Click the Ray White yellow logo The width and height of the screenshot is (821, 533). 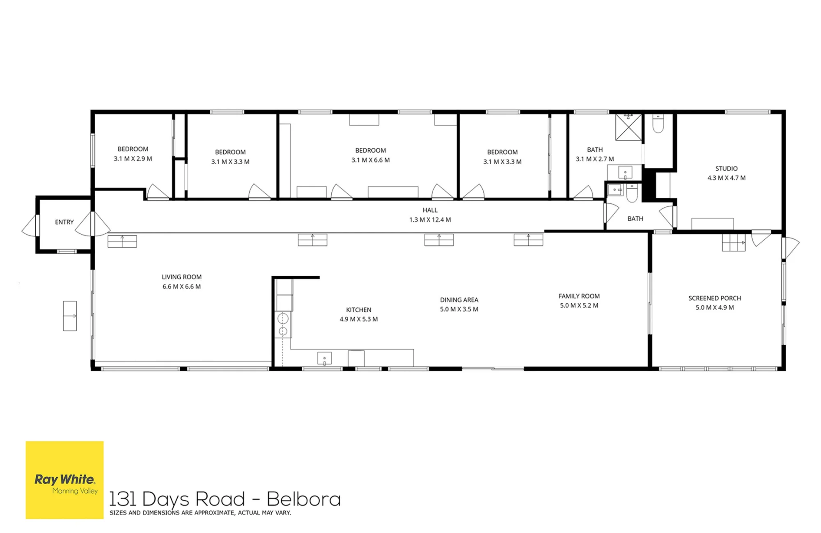tap(64, 480)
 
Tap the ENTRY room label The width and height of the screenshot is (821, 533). tap(64, 222)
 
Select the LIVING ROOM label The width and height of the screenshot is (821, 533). tap(181, 277)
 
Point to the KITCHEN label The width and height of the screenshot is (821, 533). tap(358, 310)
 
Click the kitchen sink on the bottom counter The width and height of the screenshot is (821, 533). tap(324, 358)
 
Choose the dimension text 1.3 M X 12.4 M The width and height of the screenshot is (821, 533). tap(430, 220)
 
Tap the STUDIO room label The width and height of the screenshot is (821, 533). tap(726, 169)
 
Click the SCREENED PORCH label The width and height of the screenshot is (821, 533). tap(715, 298)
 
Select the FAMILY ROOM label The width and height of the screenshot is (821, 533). tap(579, 296)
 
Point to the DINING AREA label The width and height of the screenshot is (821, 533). tap(459, 300)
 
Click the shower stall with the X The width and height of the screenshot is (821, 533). tap(628, 127)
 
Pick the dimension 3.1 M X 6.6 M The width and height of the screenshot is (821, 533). tap(370, 160)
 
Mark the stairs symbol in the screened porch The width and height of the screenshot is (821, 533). tap(734, 242)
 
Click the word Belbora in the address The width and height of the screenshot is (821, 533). tap(304, 499)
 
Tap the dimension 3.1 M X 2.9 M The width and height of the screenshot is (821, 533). tap(133, 159)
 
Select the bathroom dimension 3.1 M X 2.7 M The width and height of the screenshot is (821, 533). tap(594, 159)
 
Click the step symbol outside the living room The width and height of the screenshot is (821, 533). tap(70, 316)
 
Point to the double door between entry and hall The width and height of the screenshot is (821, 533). tap(93, 224)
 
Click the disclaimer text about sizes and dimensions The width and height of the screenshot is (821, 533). tap(200, 513)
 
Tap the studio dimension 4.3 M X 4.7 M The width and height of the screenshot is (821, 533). tap(726, 178)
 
